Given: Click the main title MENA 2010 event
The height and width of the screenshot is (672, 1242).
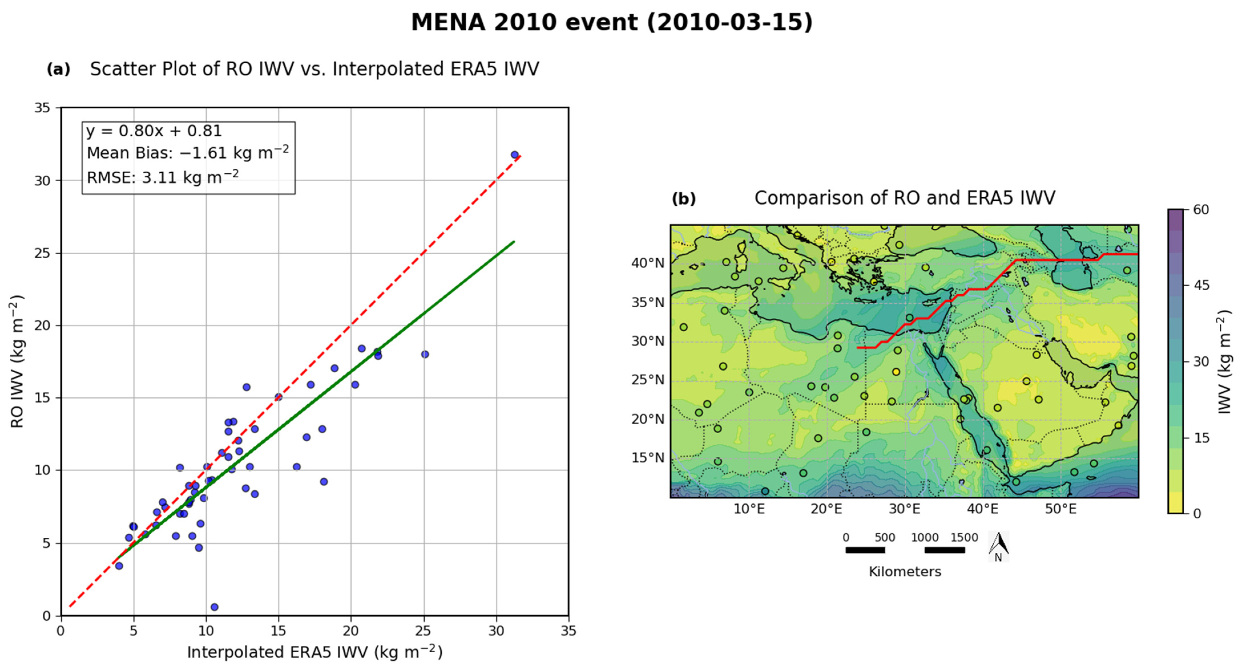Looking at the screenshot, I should pyautogui.click(x=611, y=23).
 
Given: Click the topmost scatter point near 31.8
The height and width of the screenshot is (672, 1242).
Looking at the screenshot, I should pyautogui.click(x=514, y=155).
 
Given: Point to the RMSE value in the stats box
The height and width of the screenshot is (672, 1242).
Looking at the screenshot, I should pyautogui.click(x=162, y=177).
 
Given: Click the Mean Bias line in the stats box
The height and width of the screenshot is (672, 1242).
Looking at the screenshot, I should pyautogui.click(x=187, y=153).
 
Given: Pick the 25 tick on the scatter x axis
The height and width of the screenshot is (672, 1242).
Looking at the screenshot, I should pyautogui.click(x=424, y=631).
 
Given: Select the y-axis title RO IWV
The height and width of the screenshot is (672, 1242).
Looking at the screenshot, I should pyautogui.click(x=17, y=361).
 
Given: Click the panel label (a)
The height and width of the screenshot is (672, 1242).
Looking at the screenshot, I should pyautogui.click(x=58, y=69).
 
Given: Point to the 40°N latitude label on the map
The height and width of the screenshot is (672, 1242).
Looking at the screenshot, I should pyautogui.click(x=647, y=263).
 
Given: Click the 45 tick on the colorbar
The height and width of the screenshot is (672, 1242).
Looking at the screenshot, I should pyautogui.click(x=1201, y=285).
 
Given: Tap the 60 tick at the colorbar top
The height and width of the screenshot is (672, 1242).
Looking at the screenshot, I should pyautogui.click(x=1201, y=210).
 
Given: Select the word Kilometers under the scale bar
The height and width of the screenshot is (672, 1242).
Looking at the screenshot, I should pyautogui.click(x=904, y=572).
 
